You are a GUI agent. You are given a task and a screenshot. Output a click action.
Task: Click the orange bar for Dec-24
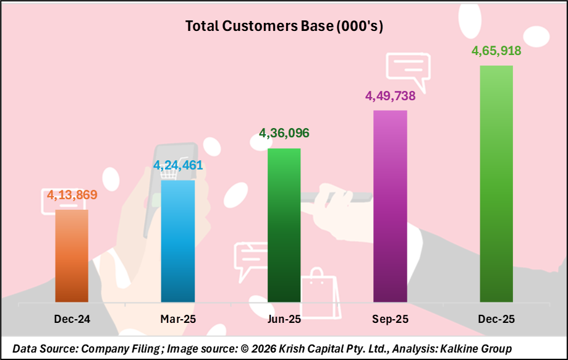[72, 255]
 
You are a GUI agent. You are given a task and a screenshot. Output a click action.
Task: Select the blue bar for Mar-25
[178, 241]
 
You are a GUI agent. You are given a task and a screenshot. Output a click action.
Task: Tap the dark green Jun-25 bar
[284, 225]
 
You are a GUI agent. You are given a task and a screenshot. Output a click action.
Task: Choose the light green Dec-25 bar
[496, 183]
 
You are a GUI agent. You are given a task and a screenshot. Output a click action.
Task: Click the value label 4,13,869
[72, 195]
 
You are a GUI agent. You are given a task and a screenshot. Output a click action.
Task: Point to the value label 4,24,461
[178, 166]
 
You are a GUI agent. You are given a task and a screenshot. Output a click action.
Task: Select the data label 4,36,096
[284, 134]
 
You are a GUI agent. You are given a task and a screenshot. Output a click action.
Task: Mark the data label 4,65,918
[496, 51]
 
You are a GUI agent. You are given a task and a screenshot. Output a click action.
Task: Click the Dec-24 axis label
[72, 319]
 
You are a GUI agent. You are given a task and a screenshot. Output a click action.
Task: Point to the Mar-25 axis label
[178, 319]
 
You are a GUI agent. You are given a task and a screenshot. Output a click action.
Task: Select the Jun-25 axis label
[284, 319]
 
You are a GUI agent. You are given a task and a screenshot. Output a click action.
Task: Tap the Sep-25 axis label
[390, 319]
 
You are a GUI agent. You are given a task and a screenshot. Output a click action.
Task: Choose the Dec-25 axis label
[496, 319]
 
